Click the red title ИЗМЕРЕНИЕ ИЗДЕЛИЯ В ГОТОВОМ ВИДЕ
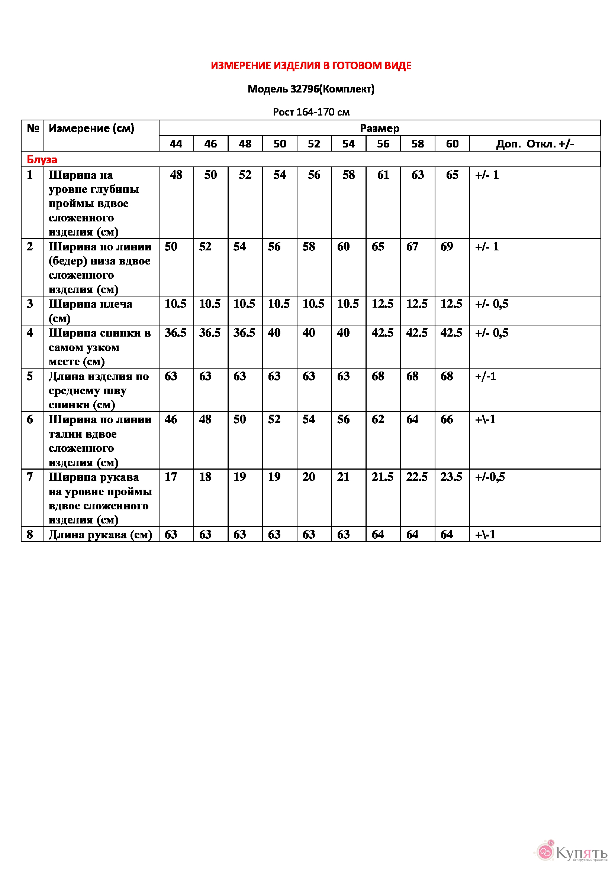311,66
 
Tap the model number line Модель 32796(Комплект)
311,89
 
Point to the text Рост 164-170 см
311,112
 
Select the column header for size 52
314,144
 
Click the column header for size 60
452,144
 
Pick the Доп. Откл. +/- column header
535,144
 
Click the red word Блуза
42,159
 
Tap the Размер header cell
380,128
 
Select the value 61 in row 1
383,175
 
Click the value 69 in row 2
447,247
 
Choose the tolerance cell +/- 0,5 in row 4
492,333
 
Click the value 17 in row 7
171,477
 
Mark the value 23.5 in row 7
451,477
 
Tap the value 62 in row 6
378,419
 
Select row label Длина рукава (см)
100,534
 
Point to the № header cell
33,128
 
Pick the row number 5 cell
30,376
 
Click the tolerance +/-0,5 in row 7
490,477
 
